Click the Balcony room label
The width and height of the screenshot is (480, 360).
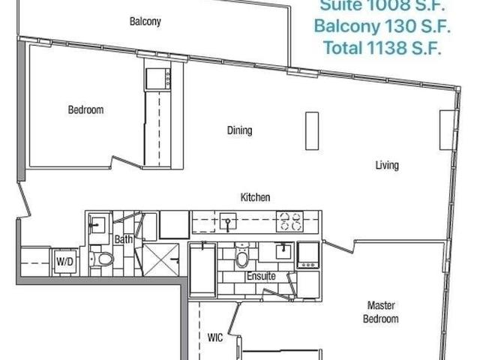click(x=144, y=22)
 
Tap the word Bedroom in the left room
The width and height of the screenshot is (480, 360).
click(x=85, y=110)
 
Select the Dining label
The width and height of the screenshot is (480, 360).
click(x=240, y=130)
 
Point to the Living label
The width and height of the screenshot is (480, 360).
click(x=387, y=165)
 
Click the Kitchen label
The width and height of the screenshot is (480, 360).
click(x=255, y=197)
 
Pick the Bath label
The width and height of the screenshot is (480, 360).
click(x=124, y=239)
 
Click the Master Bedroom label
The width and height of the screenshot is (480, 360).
click(x=382, y=312)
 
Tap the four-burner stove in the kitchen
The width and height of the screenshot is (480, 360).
click(x=290, y=221)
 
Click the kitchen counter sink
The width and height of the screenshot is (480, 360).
click(x=228, y=221)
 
